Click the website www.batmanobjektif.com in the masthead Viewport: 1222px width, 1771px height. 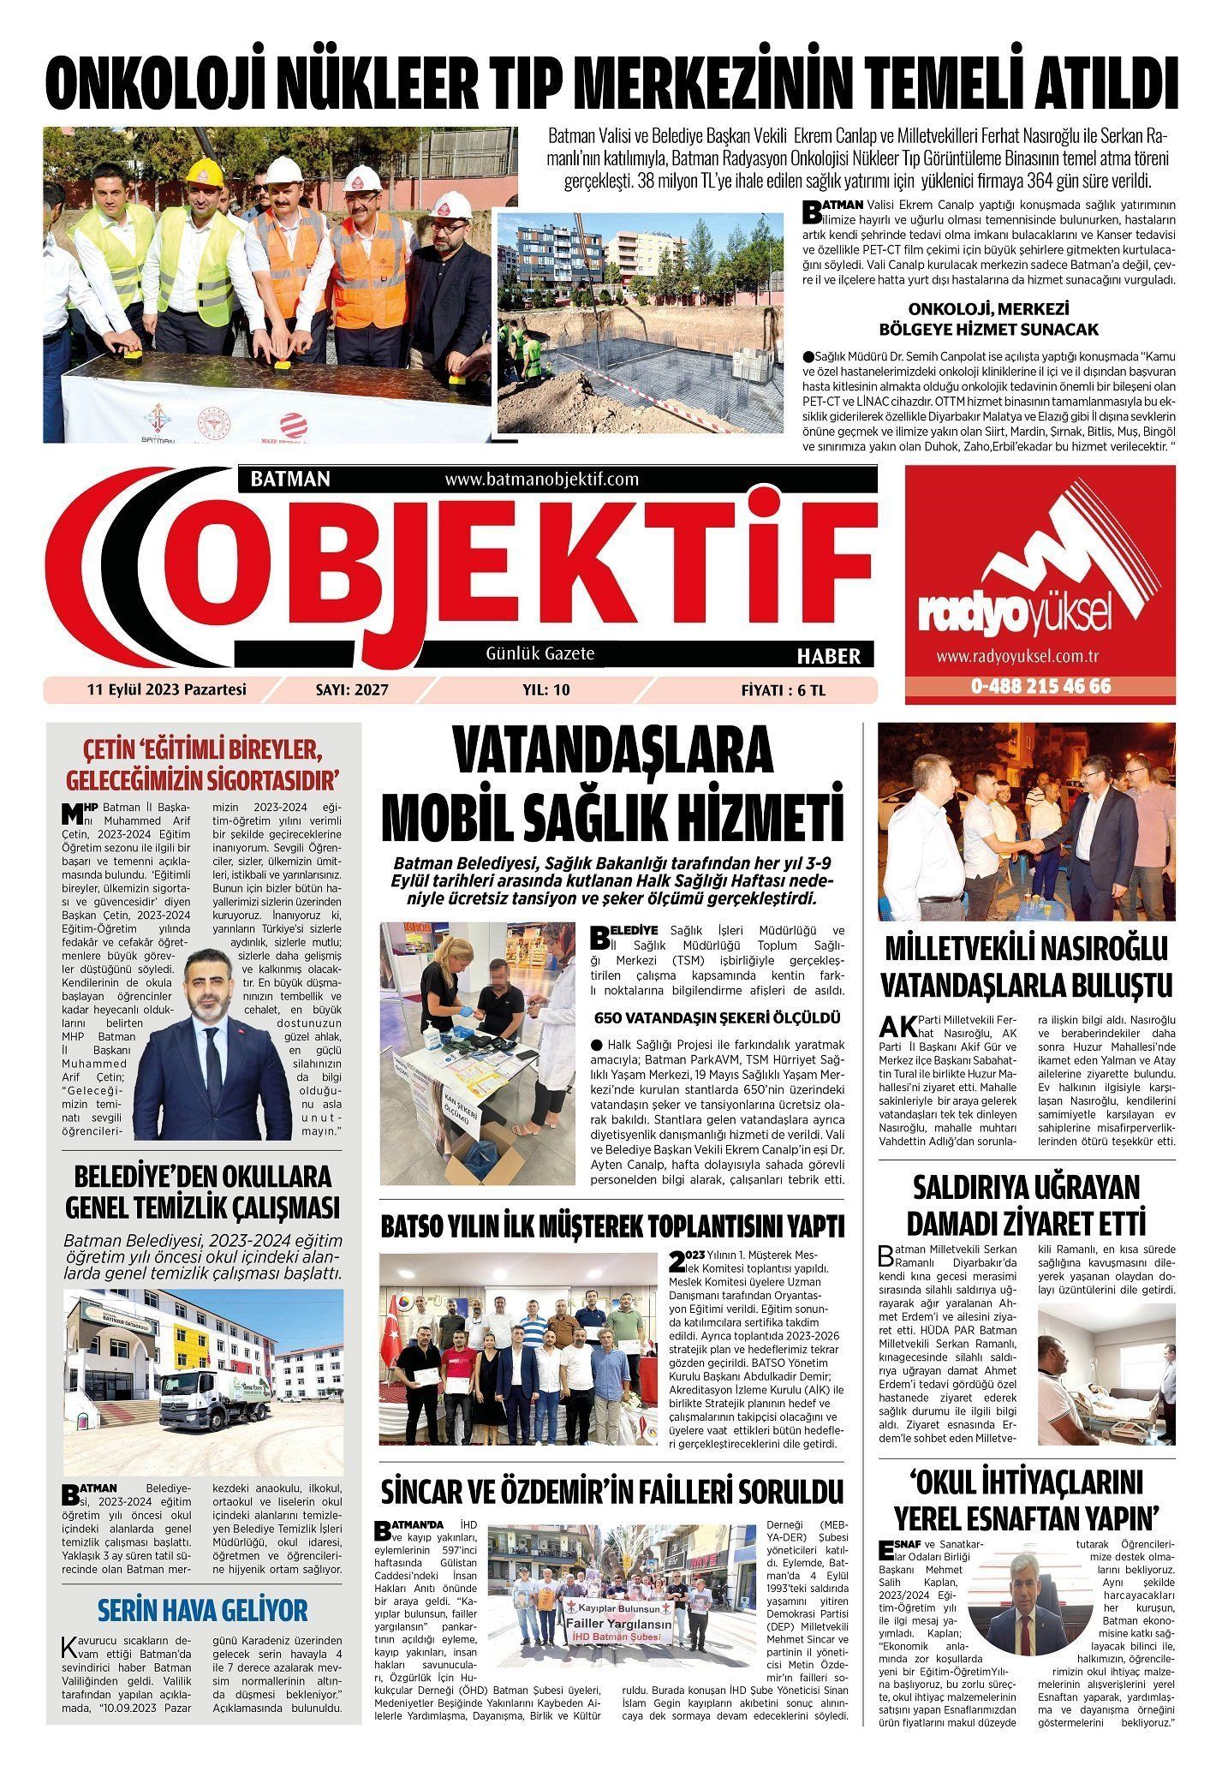pos(542,480)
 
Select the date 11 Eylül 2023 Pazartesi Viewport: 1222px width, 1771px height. pos(166,689)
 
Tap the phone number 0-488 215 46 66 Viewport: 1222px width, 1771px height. pos(1040,687)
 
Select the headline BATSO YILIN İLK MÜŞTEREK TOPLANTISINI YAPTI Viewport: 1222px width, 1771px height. pos(613,1225)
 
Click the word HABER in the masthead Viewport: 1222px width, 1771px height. pos(828,657)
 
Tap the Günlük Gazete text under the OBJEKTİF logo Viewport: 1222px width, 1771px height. pos(539,653)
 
